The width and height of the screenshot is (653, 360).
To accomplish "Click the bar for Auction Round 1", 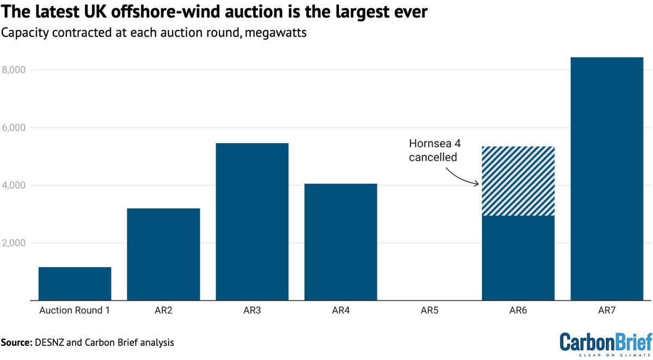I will (75, 283).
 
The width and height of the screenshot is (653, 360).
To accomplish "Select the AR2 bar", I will (163, 254).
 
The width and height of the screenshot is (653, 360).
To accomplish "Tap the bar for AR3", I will (252, 221).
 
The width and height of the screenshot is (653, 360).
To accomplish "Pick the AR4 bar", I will (341, 241).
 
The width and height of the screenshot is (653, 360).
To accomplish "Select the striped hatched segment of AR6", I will (518, 181).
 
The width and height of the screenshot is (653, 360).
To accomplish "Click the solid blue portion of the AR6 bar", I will (518, 258).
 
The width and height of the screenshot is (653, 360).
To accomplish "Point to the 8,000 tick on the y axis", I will (16, 70).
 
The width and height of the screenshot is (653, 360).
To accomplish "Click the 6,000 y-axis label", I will (16, 128).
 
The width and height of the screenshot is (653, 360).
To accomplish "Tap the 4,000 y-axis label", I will (16, 185).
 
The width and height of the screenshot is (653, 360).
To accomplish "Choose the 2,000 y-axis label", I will (16, 243).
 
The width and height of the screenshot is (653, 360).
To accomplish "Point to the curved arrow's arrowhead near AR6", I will (477, 184).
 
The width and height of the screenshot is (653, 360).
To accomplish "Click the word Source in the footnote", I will (16, 343).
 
